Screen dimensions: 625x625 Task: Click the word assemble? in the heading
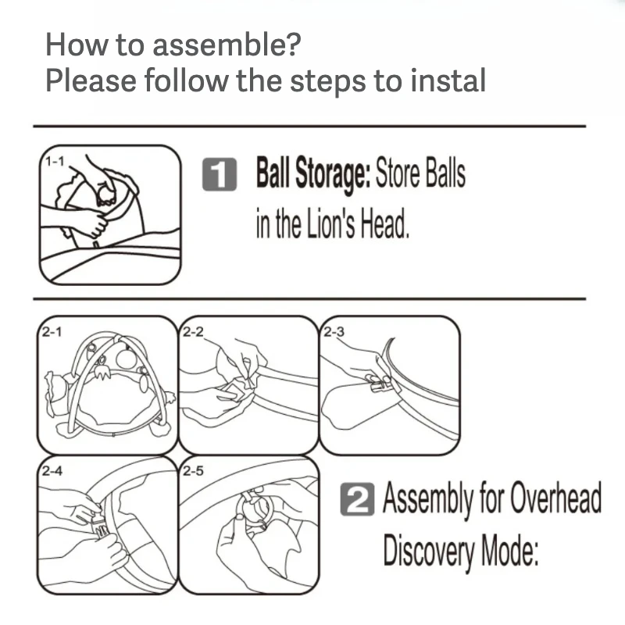pos(227,45)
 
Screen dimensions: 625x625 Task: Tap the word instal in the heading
pos(448,80)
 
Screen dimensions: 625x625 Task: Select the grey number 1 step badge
pos(220,174)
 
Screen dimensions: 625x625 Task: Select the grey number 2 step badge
pos(357,499)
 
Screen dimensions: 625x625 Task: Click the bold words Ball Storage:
pos(313,174)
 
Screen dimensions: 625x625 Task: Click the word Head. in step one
pos(385,223)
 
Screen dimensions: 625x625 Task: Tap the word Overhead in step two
pos(555,498)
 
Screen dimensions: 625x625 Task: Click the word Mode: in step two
pos(510,550)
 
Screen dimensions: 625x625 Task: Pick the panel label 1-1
pos(55,162)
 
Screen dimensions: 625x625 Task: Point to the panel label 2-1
pos(52,332)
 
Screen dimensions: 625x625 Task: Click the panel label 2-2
pos(193,332)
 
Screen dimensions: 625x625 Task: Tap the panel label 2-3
pos(334,332)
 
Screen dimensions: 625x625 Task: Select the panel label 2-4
pos(52,471)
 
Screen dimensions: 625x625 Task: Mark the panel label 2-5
pos(193,471)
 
